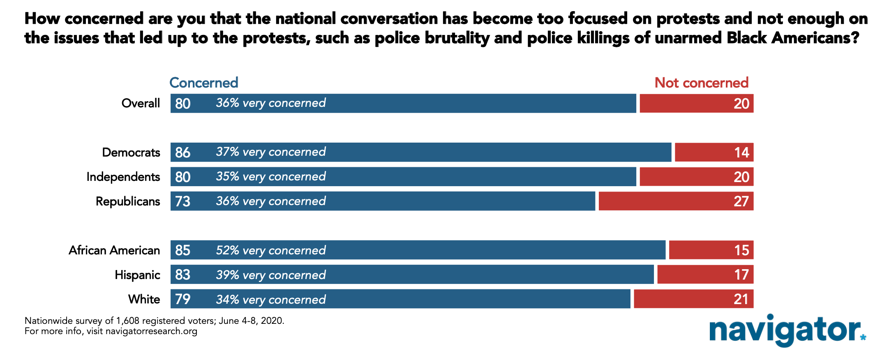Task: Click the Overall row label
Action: [141, 103]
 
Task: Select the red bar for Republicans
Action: [676, 201]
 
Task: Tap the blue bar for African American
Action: [418, 250]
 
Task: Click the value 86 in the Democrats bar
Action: [183, 152]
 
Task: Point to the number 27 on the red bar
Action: [741, 201]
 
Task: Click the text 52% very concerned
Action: [271, 250]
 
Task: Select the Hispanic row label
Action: [137, 275]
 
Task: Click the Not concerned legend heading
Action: [701, 83]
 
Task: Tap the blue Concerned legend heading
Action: [204, 83]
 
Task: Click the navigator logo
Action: [787, 330]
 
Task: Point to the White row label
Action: [144, 299]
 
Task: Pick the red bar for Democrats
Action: [714, 152]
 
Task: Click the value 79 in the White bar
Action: [183, 299]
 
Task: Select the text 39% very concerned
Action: [271, 275]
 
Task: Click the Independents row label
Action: [123, 177]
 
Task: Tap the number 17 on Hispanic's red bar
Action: [741, 275]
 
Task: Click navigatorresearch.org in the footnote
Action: [151, 331]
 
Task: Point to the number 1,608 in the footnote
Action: [128, 321]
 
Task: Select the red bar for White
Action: [693, 299]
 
